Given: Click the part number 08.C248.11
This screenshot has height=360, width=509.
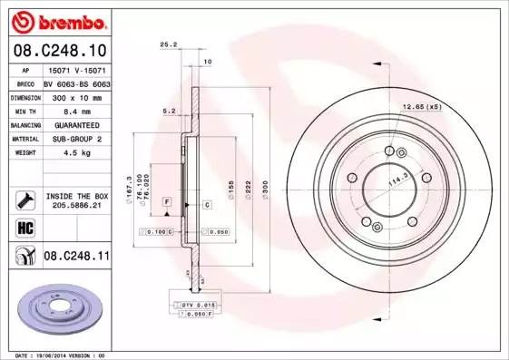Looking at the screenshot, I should coord(76,257).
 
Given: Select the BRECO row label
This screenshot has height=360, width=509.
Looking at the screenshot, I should coord(26,82).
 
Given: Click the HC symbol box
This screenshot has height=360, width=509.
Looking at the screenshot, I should coord(25,227).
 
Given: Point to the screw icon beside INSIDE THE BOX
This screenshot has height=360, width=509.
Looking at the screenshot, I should coord(25,200).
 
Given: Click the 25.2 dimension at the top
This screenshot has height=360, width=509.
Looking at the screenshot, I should coord(166,43).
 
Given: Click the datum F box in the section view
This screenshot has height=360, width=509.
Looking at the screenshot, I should coord(168,200).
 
